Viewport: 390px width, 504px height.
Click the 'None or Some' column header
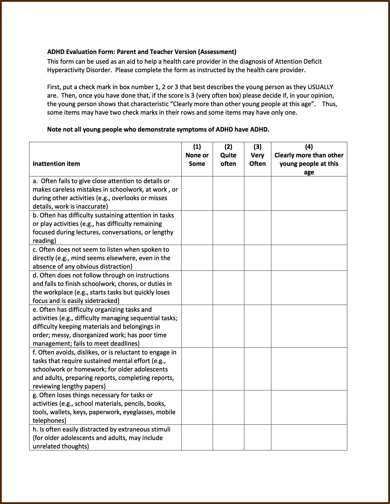pos(197,159)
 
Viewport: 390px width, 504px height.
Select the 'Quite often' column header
pos(228,159)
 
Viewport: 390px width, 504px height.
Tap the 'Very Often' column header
pos(257,159)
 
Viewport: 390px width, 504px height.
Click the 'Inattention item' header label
pos(56,164)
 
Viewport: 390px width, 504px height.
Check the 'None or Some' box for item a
pos(197,193)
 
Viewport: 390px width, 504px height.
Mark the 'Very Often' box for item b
pos(257,228)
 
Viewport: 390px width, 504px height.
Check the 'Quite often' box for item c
pos(228,258)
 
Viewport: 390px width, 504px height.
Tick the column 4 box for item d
pos(309,288)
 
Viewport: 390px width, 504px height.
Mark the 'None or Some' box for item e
pos(197,326)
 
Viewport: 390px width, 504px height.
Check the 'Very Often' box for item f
pos(257,369)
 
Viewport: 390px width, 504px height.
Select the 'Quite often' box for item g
pos(228,408)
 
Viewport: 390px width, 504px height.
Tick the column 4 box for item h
pos(309,438)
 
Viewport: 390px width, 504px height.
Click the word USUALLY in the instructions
pos(320,87)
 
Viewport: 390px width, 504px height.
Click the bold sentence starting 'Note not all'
pos(158,129)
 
